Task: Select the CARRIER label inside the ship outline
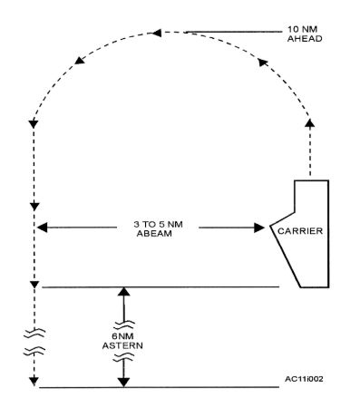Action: click(x=299, y=230)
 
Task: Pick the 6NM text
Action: click(x=125, y=335)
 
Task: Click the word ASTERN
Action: click(x=125, y=345)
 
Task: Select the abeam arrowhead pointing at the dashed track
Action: click(x=42, y=227)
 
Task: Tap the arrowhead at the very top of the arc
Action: click(x=158, y=34)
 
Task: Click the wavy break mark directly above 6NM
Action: click(x=125, y=323)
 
